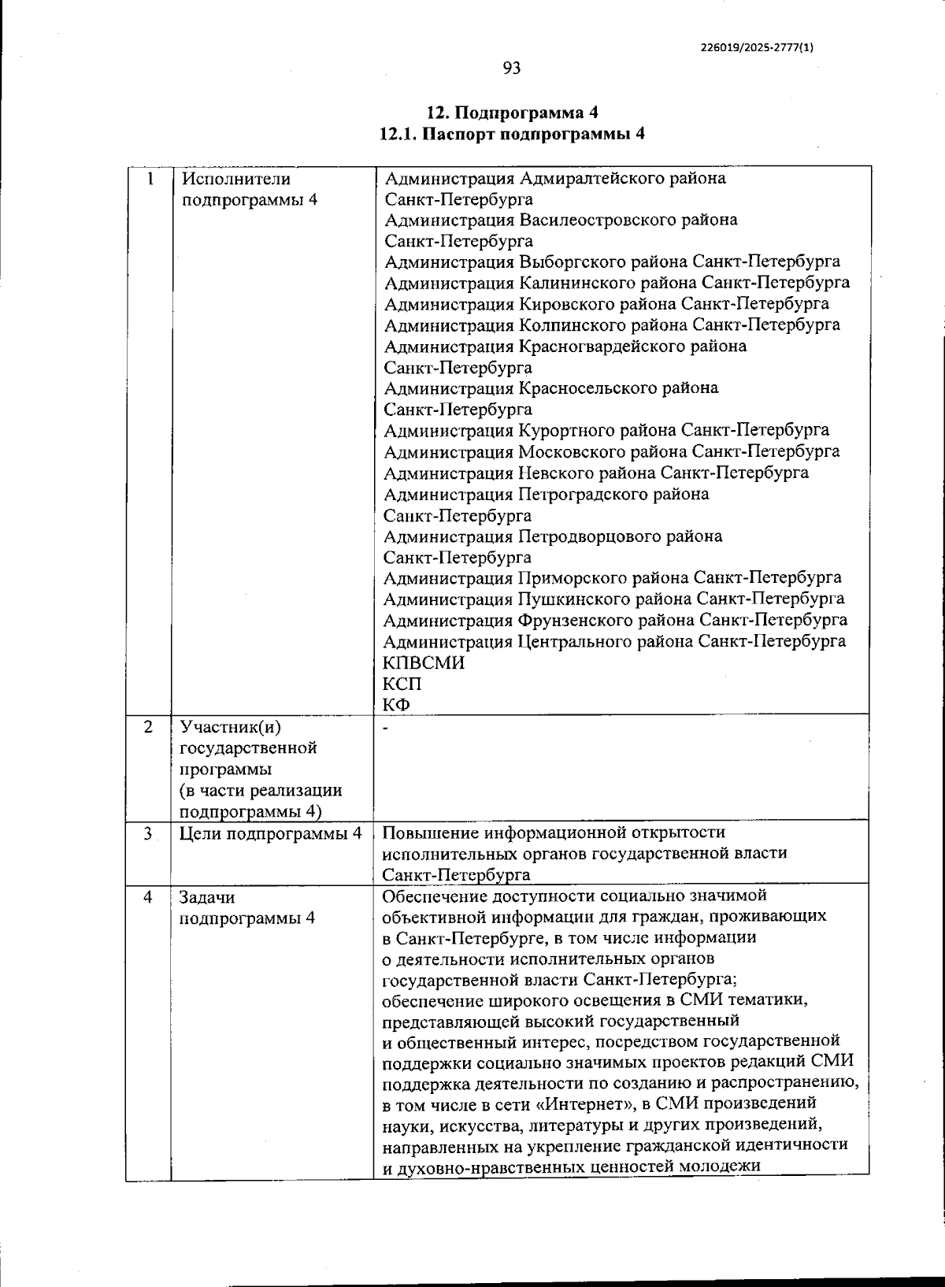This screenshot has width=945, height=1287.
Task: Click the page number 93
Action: click(x=512, y=69)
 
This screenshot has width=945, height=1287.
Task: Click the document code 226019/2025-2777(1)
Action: click(x=757, y=47)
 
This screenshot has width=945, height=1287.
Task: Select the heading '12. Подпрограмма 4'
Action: click(x=513, y=111)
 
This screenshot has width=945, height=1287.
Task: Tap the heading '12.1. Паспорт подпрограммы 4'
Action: click(x=513, y=134)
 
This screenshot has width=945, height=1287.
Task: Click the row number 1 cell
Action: click(x=149, y=178)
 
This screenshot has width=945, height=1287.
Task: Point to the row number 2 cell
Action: click(x=149, y=726)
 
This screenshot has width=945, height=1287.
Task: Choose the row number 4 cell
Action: click(x=149, y=897)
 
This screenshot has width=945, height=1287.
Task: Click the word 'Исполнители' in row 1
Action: click(x=225, y=179)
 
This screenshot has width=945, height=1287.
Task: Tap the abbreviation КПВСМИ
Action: click(x=423, y=662)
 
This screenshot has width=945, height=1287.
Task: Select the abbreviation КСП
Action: click(x=402, y=684)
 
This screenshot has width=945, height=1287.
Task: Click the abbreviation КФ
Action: click(x=397, y=704)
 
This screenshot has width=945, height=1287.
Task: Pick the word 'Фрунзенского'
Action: click(x=577, y=620)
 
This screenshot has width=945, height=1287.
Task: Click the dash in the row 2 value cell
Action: click(x=386, y=728)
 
